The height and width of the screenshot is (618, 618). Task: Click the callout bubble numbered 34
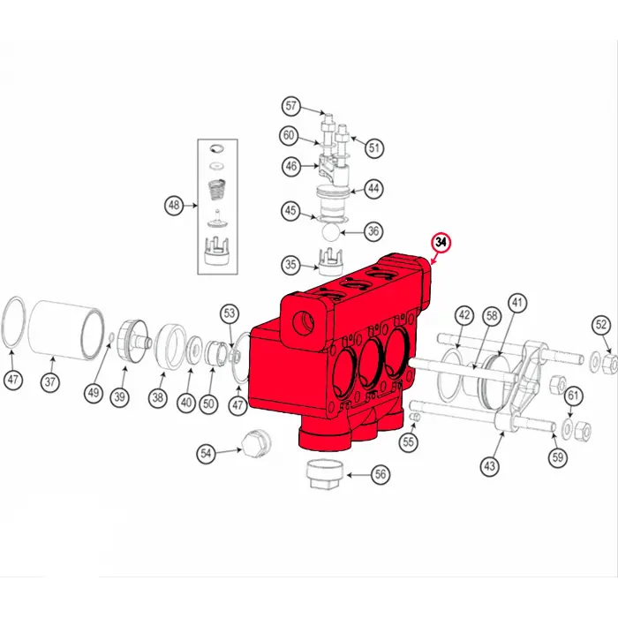(x=439, y=243)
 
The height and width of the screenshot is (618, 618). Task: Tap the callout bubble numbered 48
(x=174, y=206)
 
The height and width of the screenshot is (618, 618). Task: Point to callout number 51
(x=374, y=147)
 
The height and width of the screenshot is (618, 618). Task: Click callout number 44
(x=374, y=188)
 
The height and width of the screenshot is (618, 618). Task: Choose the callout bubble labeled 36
(x=374, y=231)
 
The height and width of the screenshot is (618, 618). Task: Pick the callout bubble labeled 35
(x=290, y=264)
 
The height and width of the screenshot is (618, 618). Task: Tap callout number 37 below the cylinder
(x=51, y=383)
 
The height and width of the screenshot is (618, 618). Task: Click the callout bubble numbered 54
(x=206, y=453)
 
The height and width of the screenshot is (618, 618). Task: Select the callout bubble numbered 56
(x=381, y=474)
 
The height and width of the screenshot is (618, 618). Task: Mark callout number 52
(x=601, y=325)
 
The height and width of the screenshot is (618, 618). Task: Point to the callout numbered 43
(x=490, y=465)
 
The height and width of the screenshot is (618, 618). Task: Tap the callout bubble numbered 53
(x=230, y=313)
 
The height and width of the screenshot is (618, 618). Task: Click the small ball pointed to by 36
(x=328, y=233)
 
